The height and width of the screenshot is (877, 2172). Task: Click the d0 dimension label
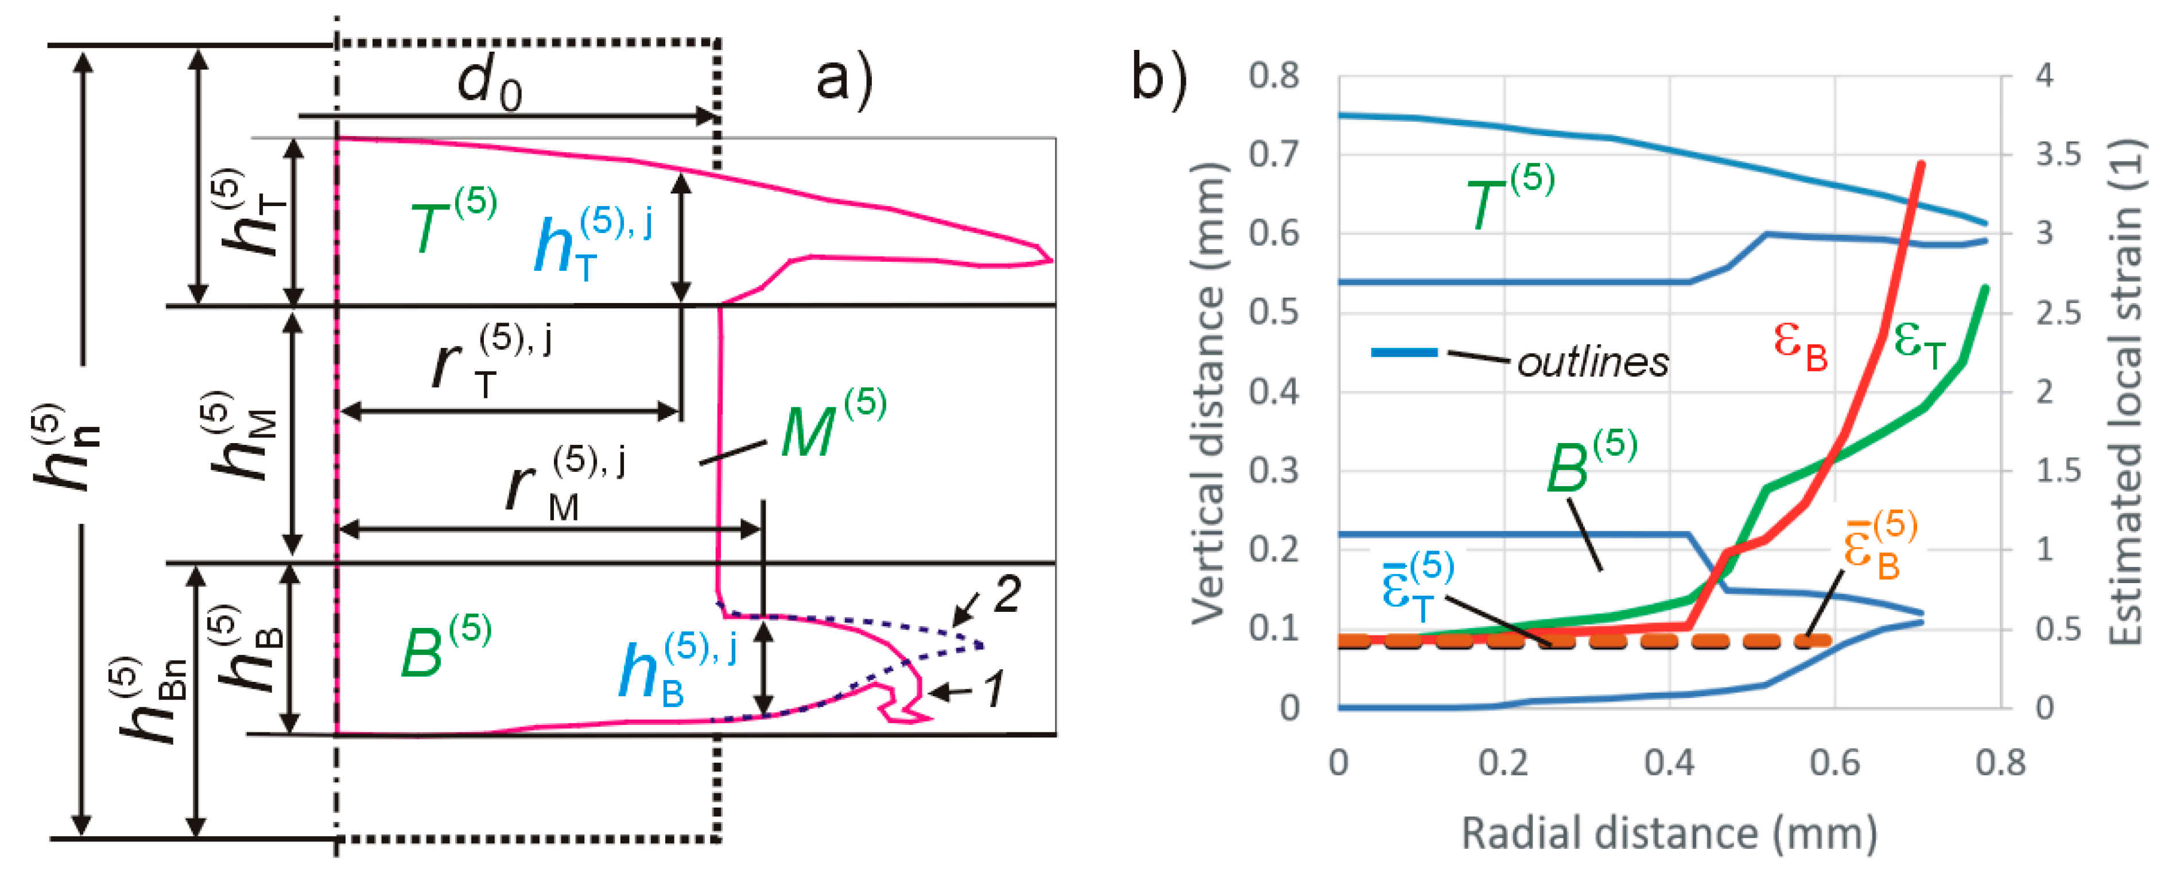(489, 84)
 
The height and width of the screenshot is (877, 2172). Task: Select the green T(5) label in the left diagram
(452, 223)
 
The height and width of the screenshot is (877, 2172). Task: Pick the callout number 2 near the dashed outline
(1007, 595)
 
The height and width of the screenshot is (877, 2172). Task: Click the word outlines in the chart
(1592, 363)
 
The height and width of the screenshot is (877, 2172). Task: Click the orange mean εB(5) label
(1879, 548)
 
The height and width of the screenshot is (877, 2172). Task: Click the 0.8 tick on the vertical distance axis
(1274, 76)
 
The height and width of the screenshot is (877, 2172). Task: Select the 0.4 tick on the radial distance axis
(1670, 763)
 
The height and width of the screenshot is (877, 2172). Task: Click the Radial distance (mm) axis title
(1670, 833)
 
